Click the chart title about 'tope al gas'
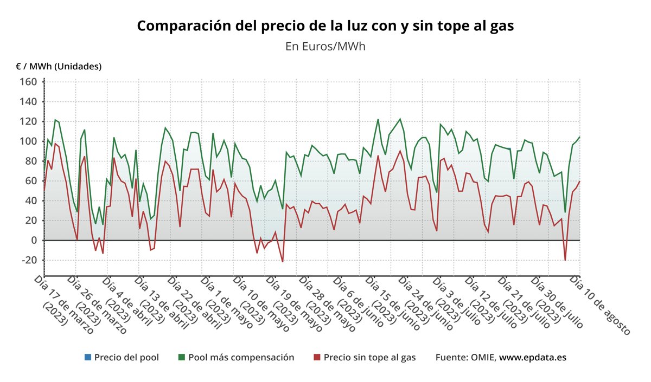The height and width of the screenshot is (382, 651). [325, 26]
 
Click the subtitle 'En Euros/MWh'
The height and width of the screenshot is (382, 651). [325, 46]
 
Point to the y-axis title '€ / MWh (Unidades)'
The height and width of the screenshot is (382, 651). [59, 66]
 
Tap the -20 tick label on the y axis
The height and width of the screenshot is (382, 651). [27, 260]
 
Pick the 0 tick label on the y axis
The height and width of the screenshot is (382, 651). [33, 240]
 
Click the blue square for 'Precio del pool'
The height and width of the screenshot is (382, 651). [87, 358]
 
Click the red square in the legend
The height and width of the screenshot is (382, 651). [317, 358]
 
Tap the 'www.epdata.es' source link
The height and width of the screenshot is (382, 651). [533, 358]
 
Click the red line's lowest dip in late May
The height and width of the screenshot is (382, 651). [283, 262]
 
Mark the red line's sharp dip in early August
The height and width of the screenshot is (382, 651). [565, 260]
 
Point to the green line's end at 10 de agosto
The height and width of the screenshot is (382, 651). [579, 137]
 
